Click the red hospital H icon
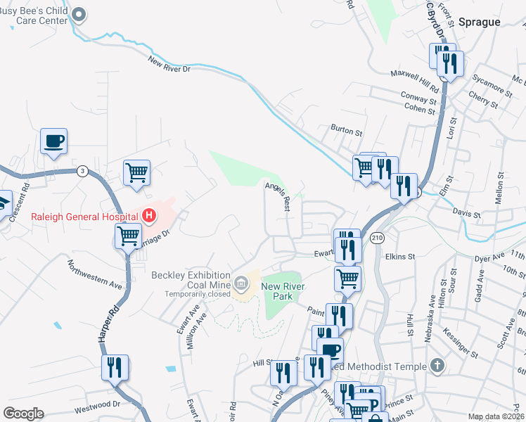coord(149,216)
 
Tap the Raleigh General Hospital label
coord(85,217)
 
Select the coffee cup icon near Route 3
coord(53,141)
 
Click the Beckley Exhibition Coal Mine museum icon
coord(241,283)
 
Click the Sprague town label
coord(480,22)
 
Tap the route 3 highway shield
coord(83,171)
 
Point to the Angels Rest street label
coord(278,194)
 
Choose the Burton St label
coord(347,131)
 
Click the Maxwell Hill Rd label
coord(415,81)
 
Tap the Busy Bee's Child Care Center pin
coord(79,15)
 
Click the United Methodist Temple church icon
coord(437,366)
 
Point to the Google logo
coord(23,414)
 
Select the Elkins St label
coord(402,257)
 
